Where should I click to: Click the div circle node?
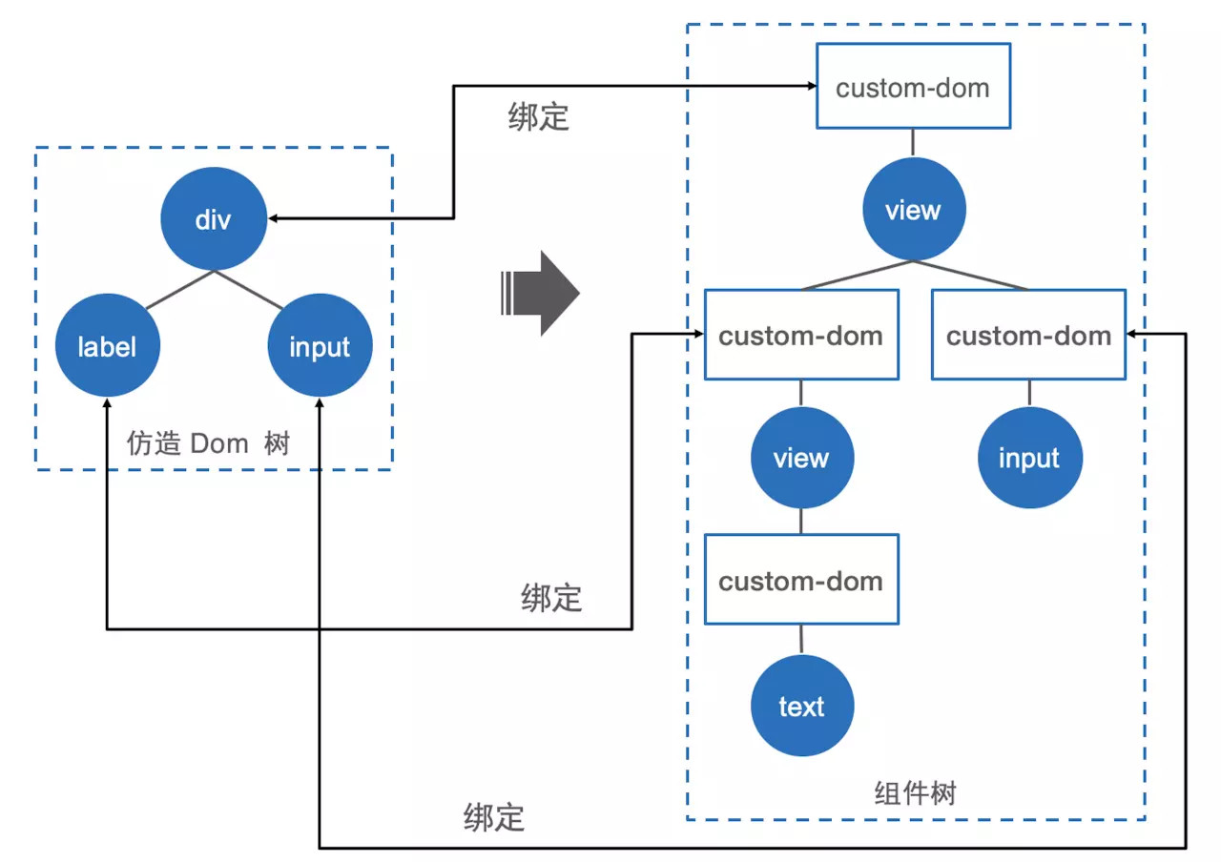click(214, 218)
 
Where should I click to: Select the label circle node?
click(108, 345)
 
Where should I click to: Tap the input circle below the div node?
click(320, 345)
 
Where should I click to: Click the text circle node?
click(802, 705)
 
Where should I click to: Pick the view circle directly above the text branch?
click(802, 458)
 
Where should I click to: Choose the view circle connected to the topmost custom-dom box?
click(914, 209)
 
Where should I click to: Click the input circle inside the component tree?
click(1029, 458)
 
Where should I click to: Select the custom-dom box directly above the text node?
click(801, 579)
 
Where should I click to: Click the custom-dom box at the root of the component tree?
click(913, 86)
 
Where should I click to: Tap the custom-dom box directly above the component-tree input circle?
click(1028, 335)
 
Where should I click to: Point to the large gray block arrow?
click(540, 293)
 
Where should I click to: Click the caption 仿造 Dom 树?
click(208, 443)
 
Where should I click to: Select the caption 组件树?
click(915, 792)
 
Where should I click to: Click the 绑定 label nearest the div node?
click(539, 116)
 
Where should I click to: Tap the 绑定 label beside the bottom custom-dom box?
click(551, 597)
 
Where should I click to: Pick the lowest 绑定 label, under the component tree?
click(494, 817)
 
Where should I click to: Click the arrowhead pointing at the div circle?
click(274, 218)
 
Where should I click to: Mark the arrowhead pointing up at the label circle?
click(108, 403)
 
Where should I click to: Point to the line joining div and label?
click(180, 290)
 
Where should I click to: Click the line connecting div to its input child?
click(249, 290)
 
